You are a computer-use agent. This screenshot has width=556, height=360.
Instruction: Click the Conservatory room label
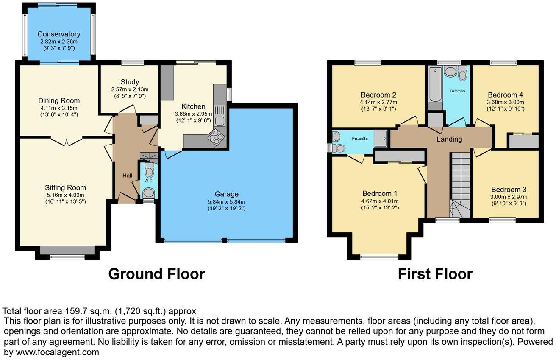click(x=59, y=34)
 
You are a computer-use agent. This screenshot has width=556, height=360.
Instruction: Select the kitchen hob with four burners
click(x=215, y=138)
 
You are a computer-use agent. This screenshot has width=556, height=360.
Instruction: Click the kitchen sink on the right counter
click(x=220, y=115)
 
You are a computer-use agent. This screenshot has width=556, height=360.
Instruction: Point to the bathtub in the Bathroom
click(x=435, y=84)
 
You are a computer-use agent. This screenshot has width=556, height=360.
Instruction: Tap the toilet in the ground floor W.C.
click(x=149, y=171)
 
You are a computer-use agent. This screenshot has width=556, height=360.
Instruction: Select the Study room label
click(x=130, y=82)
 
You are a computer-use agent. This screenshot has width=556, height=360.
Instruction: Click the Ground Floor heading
click(x=156, y=274)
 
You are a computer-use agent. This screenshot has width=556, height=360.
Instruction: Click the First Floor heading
click(x=435, y=274)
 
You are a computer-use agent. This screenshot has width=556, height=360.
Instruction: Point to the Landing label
click(x=449, y=139)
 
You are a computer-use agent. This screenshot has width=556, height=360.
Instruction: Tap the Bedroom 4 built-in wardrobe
click(x=524, y=141)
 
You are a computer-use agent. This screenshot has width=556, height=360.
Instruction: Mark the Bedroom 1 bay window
click(x=379, y=256)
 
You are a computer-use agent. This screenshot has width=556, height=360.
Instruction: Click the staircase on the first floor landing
click(x=460, y=184)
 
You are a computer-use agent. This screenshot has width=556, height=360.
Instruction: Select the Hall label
click(x=128, y=176)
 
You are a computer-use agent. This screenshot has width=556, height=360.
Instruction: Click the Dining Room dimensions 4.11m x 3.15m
click(x=59, y=108)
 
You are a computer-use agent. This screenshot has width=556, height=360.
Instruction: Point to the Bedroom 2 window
click(x=367, y=63)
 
